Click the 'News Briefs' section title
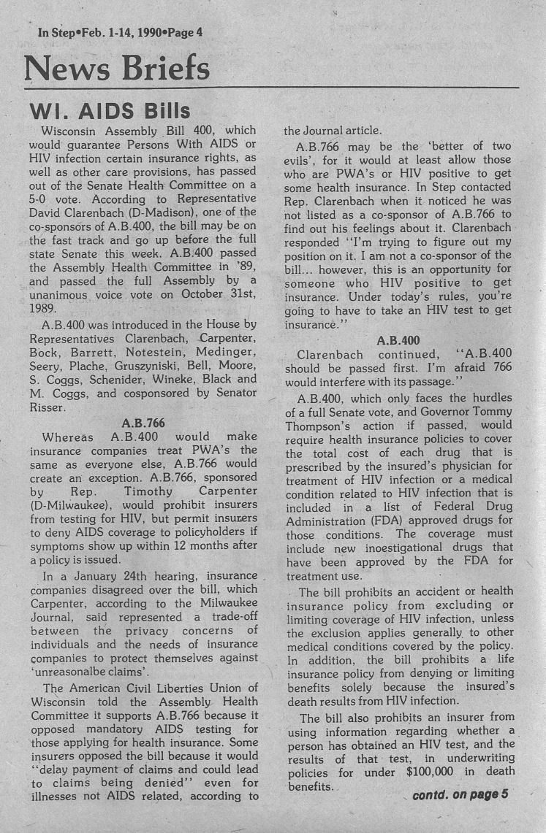pos(117,69)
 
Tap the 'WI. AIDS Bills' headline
pos(109,111)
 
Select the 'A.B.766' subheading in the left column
pos(143,423)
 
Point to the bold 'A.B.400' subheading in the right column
pos(398,339)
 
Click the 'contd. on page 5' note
pos(460,794)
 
